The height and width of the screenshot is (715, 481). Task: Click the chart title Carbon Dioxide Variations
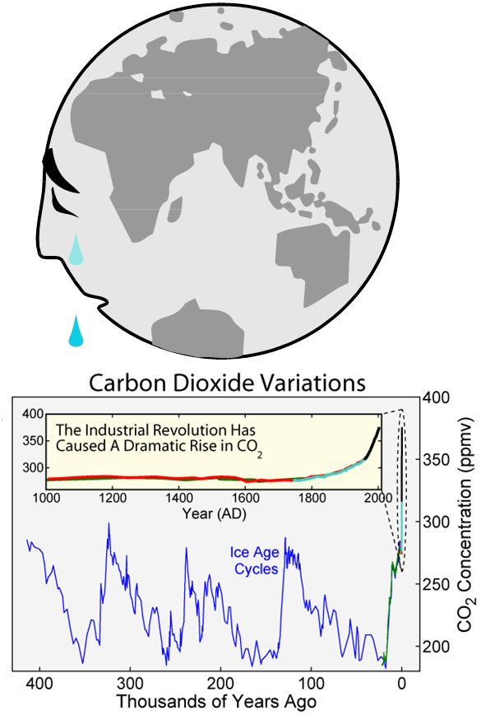[x=226, y=383]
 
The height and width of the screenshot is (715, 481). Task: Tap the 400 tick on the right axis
[x=435, y=397]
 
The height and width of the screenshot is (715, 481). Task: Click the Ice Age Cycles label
[x=255, y=560]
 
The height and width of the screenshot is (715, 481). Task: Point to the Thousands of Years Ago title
[x=216, y=702]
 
